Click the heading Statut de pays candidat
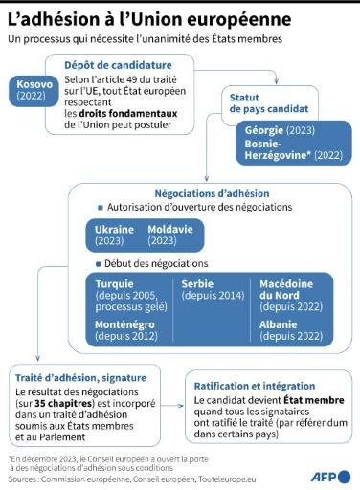click(x=264, y=102)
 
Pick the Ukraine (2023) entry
click(x=115, y=235)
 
